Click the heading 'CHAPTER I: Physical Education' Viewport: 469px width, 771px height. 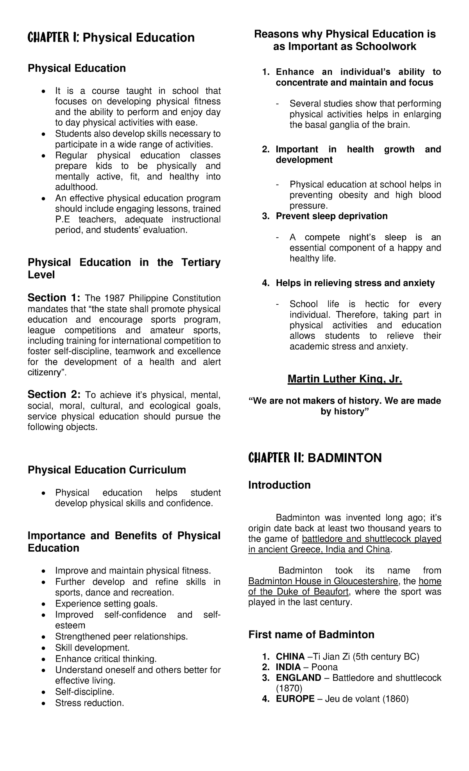111,37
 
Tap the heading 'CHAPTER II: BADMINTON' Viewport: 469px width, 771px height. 315,458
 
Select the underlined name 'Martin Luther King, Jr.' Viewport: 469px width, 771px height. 345,379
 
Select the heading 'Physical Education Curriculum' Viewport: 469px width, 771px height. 107,470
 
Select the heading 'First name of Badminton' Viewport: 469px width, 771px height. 311,635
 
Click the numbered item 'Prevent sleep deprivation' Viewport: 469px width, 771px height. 331,216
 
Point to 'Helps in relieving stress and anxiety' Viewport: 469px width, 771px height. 355,283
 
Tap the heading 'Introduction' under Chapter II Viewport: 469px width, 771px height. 279,485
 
